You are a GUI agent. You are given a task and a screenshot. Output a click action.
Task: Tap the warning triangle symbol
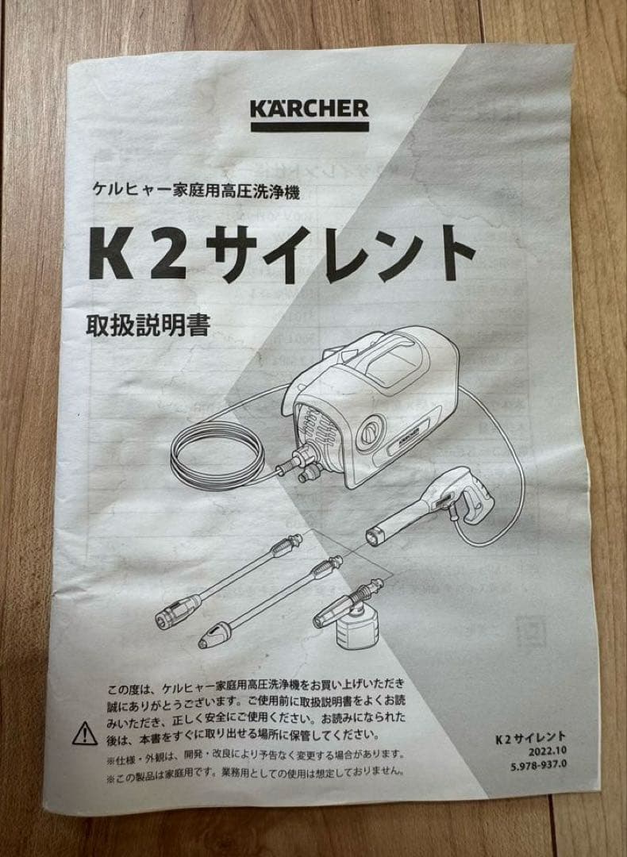(85, 733)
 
